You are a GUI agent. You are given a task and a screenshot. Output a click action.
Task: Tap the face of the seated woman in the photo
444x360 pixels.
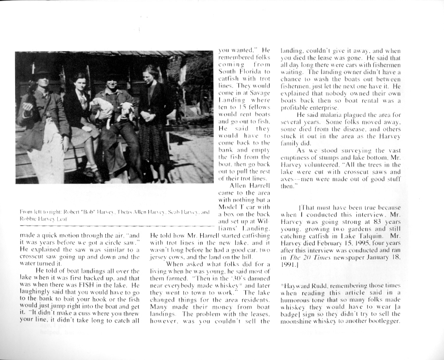[80, 83]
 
